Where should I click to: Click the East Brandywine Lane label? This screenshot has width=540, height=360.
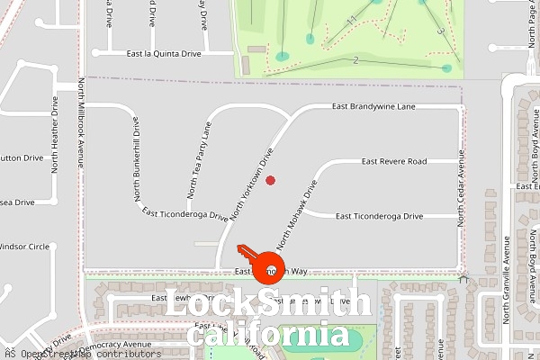pyautogui.click(x=373, y=107)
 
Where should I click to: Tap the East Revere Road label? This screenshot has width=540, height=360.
pyautogui.click(x=393, y=162)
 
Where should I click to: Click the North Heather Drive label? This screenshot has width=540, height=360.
pyautogui.click(x=55, y=134)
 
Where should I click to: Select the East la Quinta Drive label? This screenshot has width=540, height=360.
pyautogui.click(x=164, y=54)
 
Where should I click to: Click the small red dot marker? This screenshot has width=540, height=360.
pyautogui.click(x=270, y=180)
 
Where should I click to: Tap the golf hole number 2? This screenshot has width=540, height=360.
pyautogui.click(x=356, y=60)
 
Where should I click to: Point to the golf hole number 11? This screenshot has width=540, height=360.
pyautogui.click(x=352, y=19)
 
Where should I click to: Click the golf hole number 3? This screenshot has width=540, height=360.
pyautogui.click(x=441, y=31)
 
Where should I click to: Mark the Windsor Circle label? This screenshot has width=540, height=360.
pyautogui.click(x=24, y=247)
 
